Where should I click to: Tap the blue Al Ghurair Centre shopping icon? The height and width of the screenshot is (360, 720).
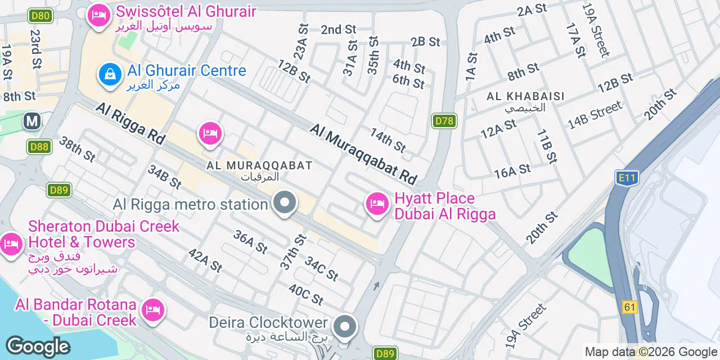pyautogui.click(x=111, y=74)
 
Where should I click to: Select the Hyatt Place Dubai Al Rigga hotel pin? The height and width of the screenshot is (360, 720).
pyautogui.click(x=377, y=204)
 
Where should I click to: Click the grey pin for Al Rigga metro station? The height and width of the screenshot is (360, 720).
pyautogui.click(x=285, y=203)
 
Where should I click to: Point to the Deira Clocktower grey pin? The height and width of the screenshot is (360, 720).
pyautogui.click(x=345, y=326)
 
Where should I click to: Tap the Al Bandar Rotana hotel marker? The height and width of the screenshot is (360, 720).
pyautogui.click(x=153, y=310)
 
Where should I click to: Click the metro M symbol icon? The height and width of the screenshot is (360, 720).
pyautogui.click(x=32, y=121)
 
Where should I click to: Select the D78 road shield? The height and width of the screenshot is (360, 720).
pyautogui.click(x=444, y=120)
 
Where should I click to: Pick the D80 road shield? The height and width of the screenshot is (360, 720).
pyautogui.click(x=40, y=15)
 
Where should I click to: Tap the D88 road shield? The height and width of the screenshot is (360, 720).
pyautogui.click(x=39, y=147)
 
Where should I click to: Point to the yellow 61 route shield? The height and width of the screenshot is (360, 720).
pyautogui.click(x=629, y=307)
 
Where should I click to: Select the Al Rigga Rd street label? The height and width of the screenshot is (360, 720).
pyautogui.click(x=128, y=125)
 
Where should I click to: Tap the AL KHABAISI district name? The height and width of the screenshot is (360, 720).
pyautogui.click(x=525, y=96)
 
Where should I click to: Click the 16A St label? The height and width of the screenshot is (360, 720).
pyautogui.click(x=512, y=171)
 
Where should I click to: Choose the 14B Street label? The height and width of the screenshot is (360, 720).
pyautogui.click(x=595, y=115)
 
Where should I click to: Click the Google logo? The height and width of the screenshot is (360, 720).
pyautogui.click(x=38, y=347)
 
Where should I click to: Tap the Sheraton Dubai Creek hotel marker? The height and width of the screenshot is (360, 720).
pyautogui.click(x=11, y=244)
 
